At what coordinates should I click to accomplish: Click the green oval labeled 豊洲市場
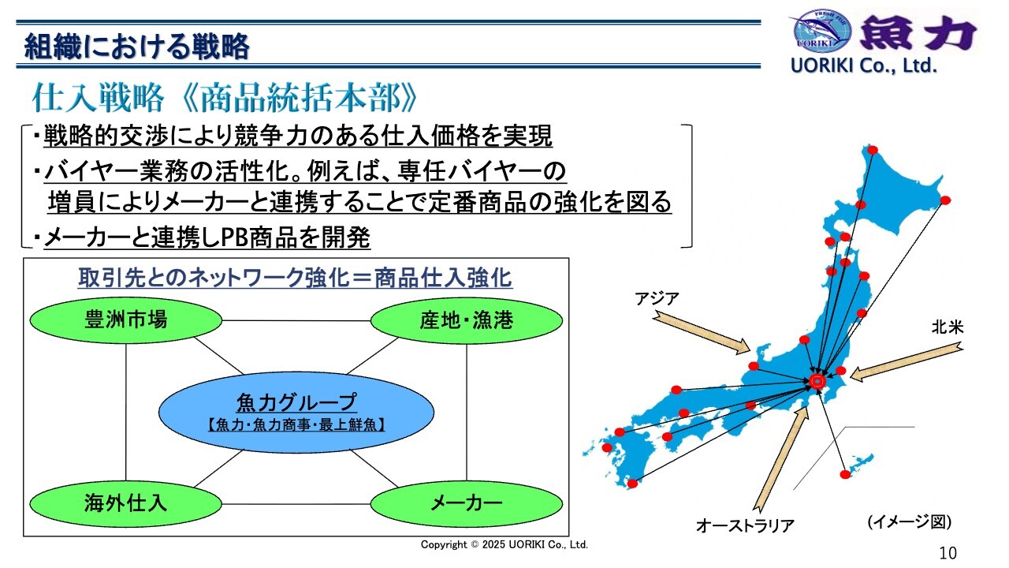(125, 320)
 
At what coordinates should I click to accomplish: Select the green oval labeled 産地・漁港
(467, 320)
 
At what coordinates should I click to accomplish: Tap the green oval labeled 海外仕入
(125, 503)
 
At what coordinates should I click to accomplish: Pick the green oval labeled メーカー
(467, 503)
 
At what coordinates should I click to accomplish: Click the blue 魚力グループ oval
(296, 412)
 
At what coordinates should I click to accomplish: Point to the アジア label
(657, 298)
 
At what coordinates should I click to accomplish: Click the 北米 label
(948, 327)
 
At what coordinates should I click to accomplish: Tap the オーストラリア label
(745, 525)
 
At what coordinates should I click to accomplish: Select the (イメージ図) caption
(909, 521)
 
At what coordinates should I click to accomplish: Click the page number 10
(948, 553)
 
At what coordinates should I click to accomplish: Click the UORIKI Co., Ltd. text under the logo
(863, 65)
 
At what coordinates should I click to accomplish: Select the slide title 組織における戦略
(136, 46)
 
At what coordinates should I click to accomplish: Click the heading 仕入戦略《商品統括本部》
(225, 97)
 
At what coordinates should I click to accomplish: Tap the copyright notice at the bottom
(504, 544)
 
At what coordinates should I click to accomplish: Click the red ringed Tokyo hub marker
(817, 381)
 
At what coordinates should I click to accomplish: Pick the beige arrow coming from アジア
(701, 333)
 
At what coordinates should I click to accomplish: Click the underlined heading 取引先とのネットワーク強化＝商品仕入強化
(295, 278)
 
